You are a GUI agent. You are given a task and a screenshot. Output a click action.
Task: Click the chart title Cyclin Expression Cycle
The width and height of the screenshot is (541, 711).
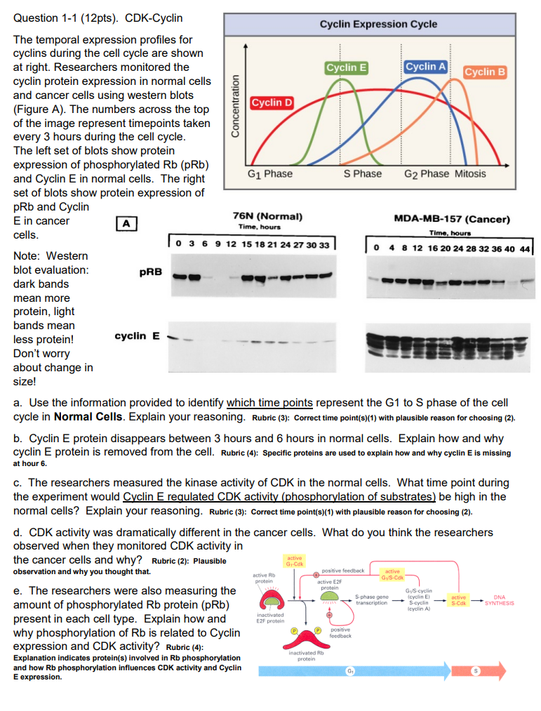tap(378, 24)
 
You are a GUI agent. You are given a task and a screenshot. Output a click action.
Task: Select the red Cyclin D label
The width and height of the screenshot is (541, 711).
tap(272, 103)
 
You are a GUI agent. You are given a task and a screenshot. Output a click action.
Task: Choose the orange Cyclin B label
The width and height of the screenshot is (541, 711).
tap(485, 72)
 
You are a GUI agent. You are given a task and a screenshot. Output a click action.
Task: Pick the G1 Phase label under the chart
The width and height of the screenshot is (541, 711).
tap(270, 174)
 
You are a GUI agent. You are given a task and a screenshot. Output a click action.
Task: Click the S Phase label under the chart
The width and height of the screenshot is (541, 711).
tap(363, 174)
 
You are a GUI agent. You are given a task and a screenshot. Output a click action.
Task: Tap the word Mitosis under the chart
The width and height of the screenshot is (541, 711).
tap(470, 174)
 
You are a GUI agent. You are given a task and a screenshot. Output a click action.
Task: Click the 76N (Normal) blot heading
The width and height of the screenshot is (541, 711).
tap(259, 216)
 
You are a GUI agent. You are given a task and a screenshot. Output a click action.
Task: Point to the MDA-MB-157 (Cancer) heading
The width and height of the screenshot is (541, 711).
tap(452, 219)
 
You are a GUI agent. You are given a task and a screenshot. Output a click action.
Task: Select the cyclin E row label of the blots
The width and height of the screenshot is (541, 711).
tap(137, 336)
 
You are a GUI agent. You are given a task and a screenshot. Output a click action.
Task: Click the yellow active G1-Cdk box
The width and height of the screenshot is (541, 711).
tap(295, 561)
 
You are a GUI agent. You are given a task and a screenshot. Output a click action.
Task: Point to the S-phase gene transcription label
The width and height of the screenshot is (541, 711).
tap(372, 600)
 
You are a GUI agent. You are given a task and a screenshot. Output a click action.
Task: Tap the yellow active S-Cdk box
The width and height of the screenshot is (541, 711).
tap(458, 600)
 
